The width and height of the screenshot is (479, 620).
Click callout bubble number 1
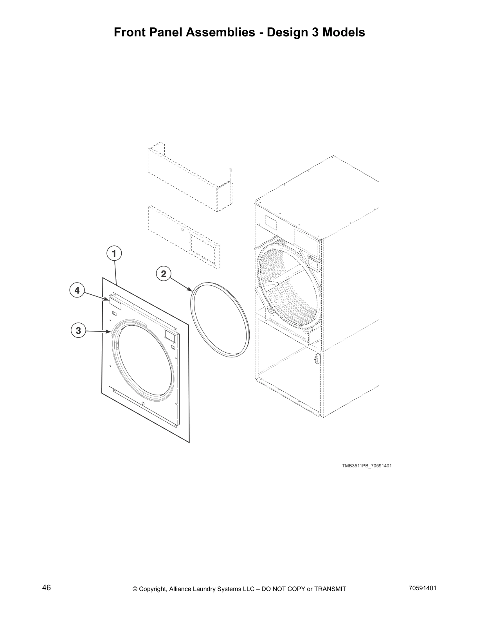[114, 254]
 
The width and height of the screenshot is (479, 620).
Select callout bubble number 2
[164, 274]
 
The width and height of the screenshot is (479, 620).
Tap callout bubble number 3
[78, 330]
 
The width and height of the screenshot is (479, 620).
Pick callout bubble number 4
[77, 290]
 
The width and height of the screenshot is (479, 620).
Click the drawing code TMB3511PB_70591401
[367, 466]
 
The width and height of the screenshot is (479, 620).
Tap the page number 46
[47, 588]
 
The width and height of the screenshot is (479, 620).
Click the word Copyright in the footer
[153, 589]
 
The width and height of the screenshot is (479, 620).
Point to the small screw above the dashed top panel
[230, 169]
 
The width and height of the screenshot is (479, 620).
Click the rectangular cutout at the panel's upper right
[170, 335]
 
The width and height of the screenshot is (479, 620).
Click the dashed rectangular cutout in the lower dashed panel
[202, 246]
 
